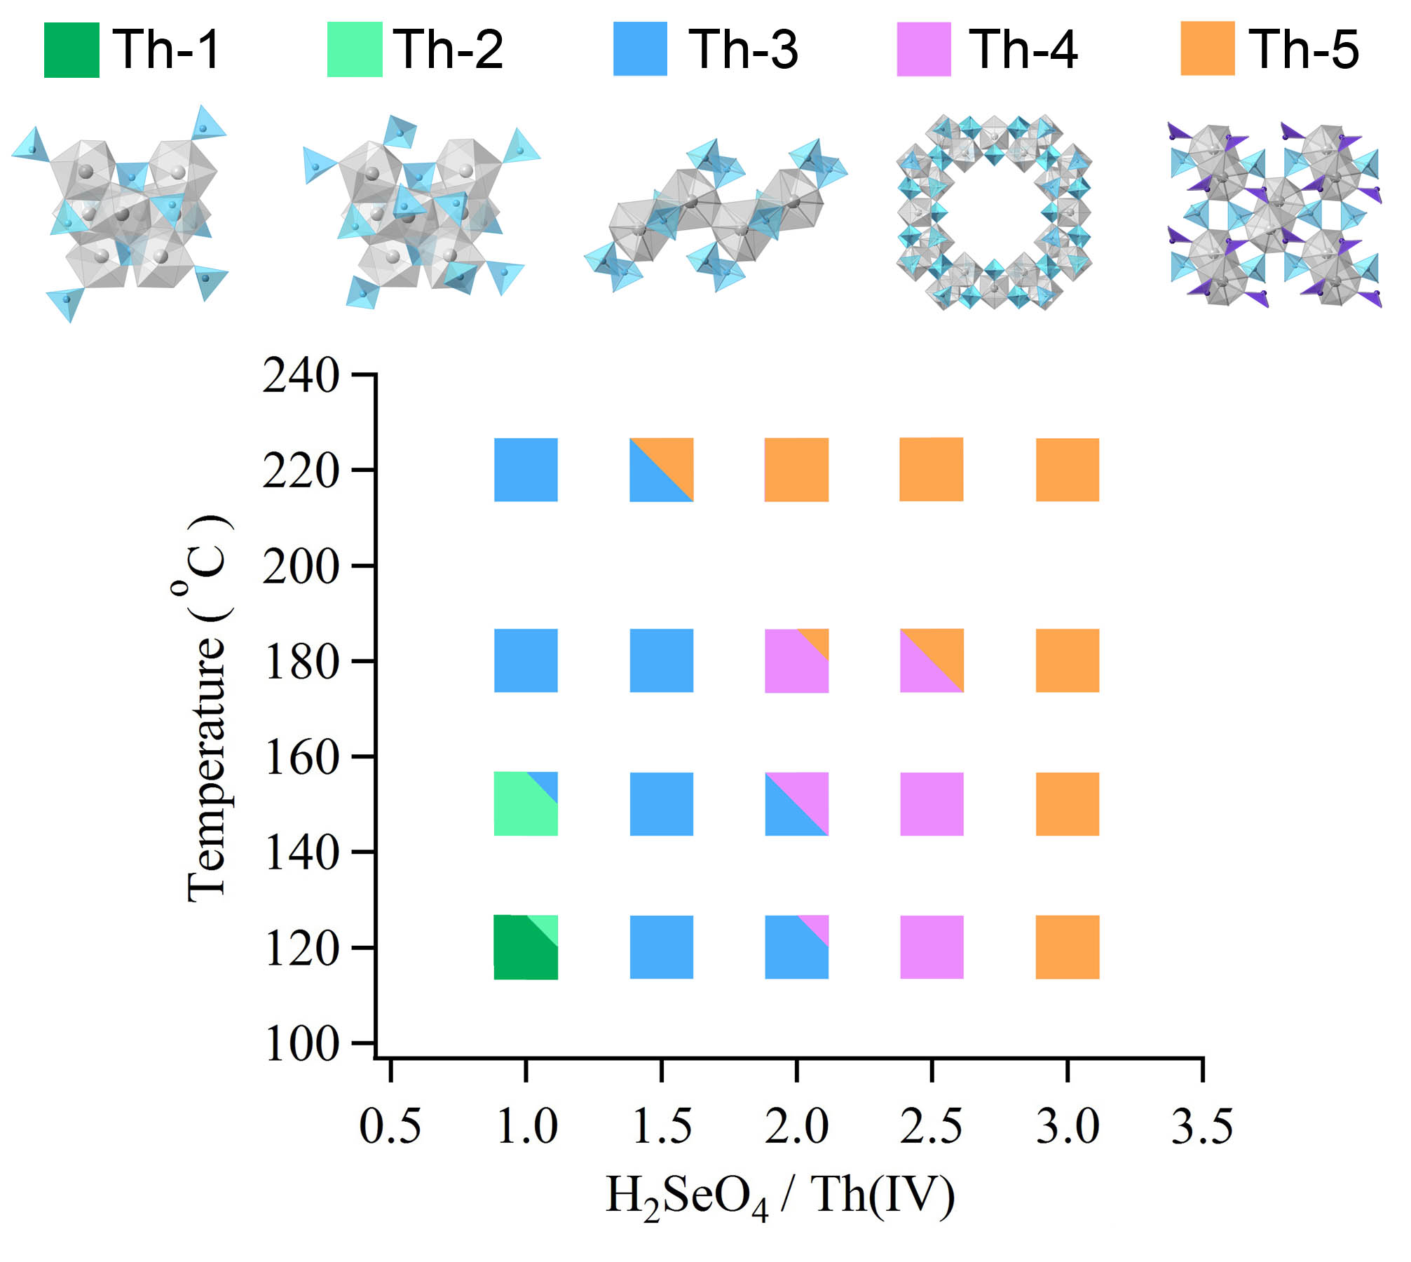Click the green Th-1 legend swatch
[x=71, y=50]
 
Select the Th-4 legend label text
[x=1023, y=50]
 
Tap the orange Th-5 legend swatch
[x=1207, y=48]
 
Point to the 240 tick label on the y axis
[x=301, y=376]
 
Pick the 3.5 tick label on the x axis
[x=1201, y=1127]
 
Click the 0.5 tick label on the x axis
[x=390, y=1127]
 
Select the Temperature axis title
[x=207, y=708]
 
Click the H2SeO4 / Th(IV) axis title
[x=779, y=1196]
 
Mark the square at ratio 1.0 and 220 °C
[x=526, y=470]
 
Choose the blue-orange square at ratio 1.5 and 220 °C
[x=661, y=470]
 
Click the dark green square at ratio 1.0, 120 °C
[x=526, y=947]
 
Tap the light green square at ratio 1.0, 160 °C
[x=526, y=803]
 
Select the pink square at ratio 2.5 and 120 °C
[x=932, y=947]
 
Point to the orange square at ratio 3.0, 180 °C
[x=1067, y=660]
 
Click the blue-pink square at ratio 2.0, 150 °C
[x=796, y=803]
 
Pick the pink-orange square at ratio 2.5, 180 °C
[x=932, y=660]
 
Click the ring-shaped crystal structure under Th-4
[x=993, y=212]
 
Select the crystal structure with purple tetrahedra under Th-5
[x=1274, y=214]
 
